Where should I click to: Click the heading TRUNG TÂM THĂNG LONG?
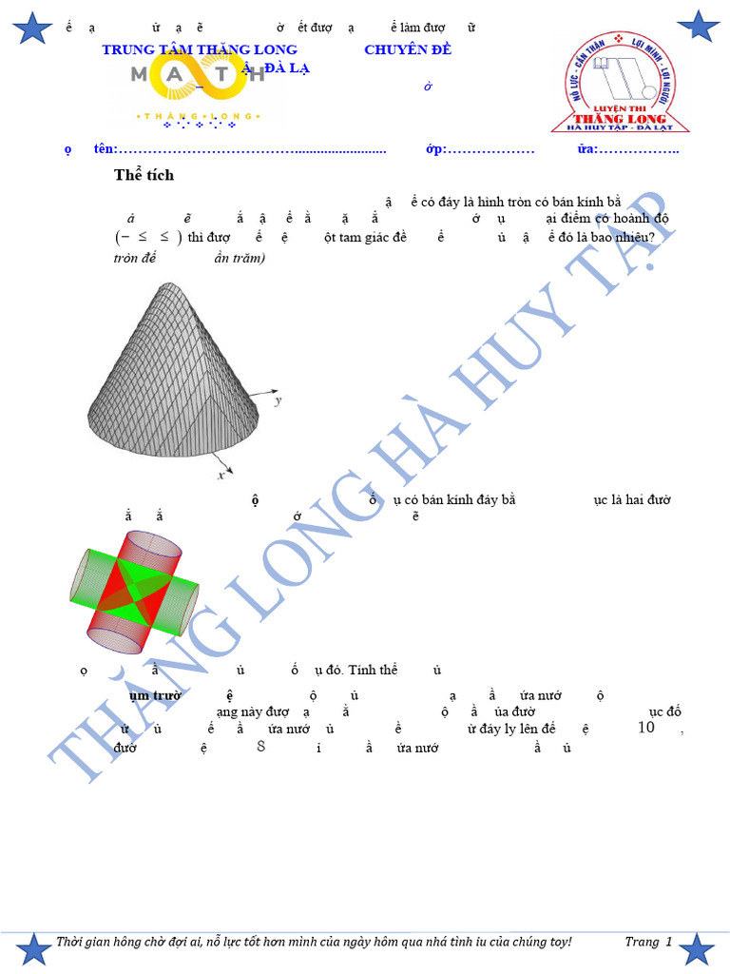[200, 49]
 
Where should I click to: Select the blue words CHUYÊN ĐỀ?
[408, 49]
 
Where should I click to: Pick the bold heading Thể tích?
[144, 175]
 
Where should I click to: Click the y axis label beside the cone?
[279, 400]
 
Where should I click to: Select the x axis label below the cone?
[221, 473]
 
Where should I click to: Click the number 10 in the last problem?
[646, 728]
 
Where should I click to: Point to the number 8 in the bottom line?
[261, 748]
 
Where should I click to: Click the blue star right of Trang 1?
[700, 948]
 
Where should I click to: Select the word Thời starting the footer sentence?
[72, 942]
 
